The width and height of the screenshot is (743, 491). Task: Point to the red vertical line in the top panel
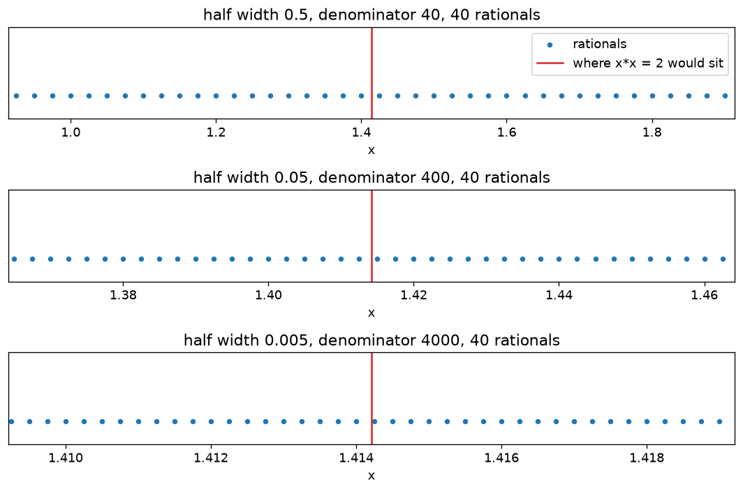click(x=371, y=73)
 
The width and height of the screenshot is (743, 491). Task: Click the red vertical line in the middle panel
click(x=371, y=236)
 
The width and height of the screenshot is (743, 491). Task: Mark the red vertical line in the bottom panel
click(x=371, y=399)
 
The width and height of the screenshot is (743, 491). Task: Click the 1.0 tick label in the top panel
click(x=71, y=133)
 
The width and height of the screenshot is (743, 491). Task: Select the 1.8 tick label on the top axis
click(x=652, y=133)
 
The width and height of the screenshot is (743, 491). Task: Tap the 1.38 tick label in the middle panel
click(x=123, y=296)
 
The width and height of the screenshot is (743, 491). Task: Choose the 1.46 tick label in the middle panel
click(x=705, y=296)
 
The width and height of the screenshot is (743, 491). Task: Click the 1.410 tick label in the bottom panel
click(x=66, y=458)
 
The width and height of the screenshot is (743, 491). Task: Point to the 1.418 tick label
click(x=647, y=458)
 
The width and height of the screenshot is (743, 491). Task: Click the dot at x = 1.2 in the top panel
click(x=216, y=96)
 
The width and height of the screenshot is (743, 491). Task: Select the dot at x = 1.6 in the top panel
click(x=506, y=96)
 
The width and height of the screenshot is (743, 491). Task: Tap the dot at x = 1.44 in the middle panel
click(x=559, y=259)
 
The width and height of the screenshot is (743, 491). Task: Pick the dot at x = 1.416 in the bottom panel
click(x=501, y=421)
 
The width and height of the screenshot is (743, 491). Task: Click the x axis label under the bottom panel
click(x=371, y=476)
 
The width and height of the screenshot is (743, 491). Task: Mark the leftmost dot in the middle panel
click(x=14, y=259)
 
